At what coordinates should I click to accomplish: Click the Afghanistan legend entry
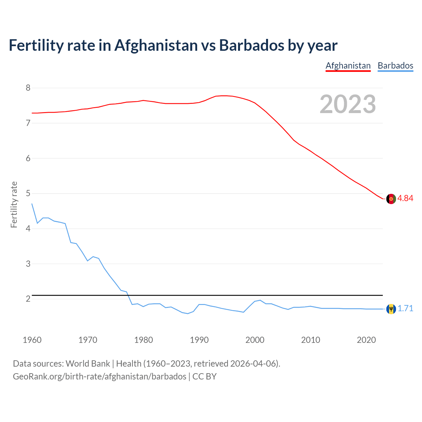(x=348, y=66)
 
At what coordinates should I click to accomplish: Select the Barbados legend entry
(x=395, y=66)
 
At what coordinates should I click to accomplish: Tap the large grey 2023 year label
(x=348, y=104)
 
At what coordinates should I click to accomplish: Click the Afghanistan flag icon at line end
(x=391, y=199)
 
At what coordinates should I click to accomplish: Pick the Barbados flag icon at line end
(x=391, y=309)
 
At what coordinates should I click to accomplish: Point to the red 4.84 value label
(x=405, y=198)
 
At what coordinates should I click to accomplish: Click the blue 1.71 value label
(x=405, y=308)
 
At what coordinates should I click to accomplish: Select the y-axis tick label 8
(x=28, y=88)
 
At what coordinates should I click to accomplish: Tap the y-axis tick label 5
(x=28, y=193)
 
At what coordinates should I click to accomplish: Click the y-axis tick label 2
(x=28, y=299)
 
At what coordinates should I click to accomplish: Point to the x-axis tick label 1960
(x=32, y=340)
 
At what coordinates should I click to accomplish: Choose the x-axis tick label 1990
(x=199, y=340)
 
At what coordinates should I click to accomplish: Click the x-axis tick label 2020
(x=366, y=340)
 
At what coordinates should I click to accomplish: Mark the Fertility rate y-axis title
(x=14, y=204)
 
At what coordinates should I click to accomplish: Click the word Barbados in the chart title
(x=251, y=45)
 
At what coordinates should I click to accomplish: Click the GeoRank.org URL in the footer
(x=99, y=377)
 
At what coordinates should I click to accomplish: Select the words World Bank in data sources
(x=88, y=364)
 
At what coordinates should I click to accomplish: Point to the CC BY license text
(x=204, y=377)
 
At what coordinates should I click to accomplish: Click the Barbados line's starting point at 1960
(x=32, y=204)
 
